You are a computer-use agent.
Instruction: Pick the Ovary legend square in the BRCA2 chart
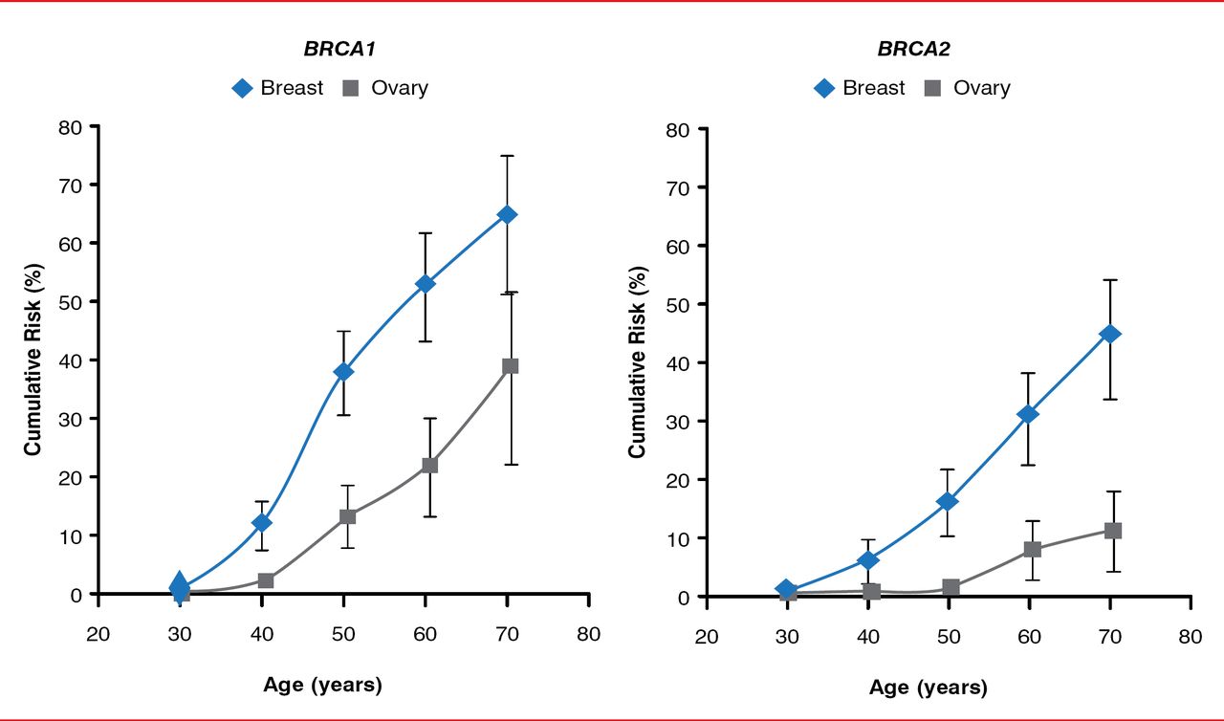(932, 88)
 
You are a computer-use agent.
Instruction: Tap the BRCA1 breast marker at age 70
(508, 214)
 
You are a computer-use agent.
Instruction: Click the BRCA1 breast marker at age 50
(343, 371)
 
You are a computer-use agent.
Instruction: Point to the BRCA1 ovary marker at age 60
(429, 465)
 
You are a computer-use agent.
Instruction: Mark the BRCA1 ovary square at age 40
(266, 580)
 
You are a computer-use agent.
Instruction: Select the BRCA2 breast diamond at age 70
(1111, 334)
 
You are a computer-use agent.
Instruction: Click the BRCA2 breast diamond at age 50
(948, 501)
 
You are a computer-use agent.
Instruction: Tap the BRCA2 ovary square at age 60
(1032, 549)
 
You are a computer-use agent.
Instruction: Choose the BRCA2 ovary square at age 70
(1113, 531)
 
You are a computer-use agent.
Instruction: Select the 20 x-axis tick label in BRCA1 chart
(98, 635)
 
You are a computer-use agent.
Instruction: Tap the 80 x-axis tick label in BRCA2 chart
(1190, 638)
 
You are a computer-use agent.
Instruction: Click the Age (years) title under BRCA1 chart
(322, 685)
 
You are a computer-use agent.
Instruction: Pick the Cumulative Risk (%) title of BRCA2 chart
(638, 361)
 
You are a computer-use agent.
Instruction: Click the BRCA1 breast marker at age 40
(261, 523)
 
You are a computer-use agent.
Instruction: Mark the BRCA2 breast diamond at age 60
(1029, 414)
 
